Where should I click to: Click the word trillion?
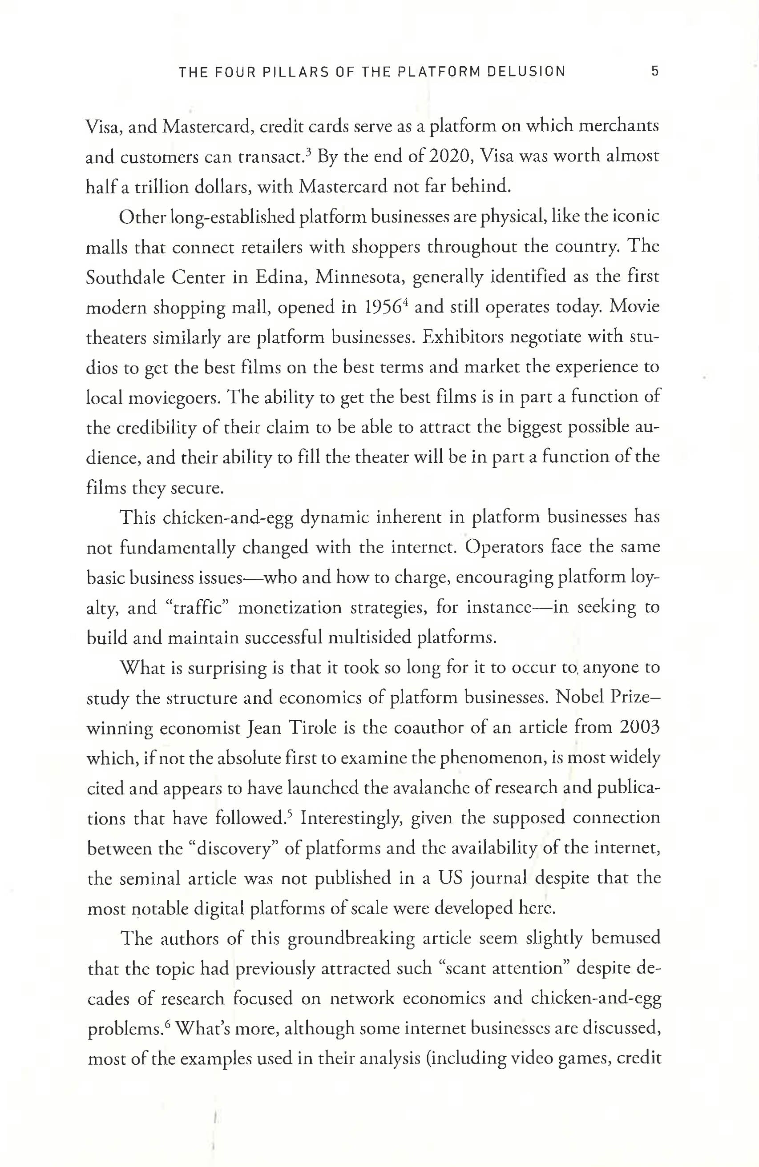click(x=163, y=187)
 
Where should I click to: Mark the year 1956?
click(x=390, y=308)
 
